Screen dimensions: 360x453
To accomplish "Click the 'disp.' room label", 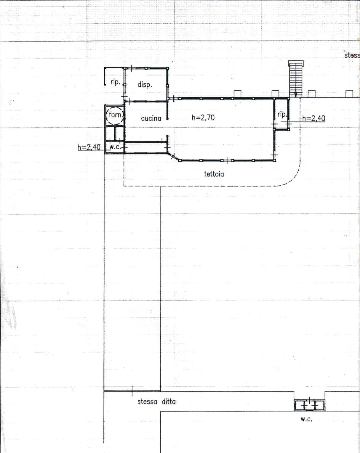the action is click(145, 85).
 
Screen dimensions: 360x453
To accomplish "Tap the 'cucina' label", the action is click(151, 118).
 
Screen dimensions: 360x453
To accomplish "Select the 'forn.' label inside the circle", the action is click(116, 115).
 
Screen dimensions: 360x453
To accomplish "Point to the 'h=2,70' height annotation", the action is click(203, 118).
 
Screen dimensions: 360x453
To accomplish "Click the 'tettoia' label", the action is click(214, 174).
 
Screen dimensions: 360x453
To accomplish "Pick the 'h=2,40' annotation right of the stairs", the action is click(314, 118).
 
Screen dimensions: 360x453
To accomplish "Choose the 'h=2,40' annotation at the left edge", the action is click(89, 147).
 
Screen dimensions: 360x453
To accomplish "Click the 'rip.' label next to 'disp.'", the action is click(116, 82).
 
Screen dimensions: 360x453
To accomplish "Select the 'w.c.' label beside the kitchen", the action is click(116, 147).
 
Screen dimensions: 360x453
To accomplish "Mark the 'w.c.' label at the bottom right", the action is click(306, 419).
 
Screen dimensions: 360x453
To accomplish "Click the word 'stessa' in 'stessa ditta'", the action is click(147, 402).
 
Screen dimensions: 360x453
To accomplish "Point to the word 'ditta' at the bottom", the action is click(169, 402).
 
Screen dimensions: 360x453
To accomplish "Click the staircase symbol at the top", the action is click(296, 79).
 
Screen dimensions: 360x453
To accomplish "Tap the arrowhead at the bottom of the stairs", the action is click(296, 95).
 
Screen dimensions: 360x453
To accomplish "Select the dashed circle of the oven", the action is click(115, 115).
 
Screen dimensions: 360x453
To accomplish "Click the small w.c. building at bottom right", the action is click(309, 405).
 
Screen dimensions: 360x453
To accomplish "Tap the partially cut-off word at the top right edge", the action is click(352, 55).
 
